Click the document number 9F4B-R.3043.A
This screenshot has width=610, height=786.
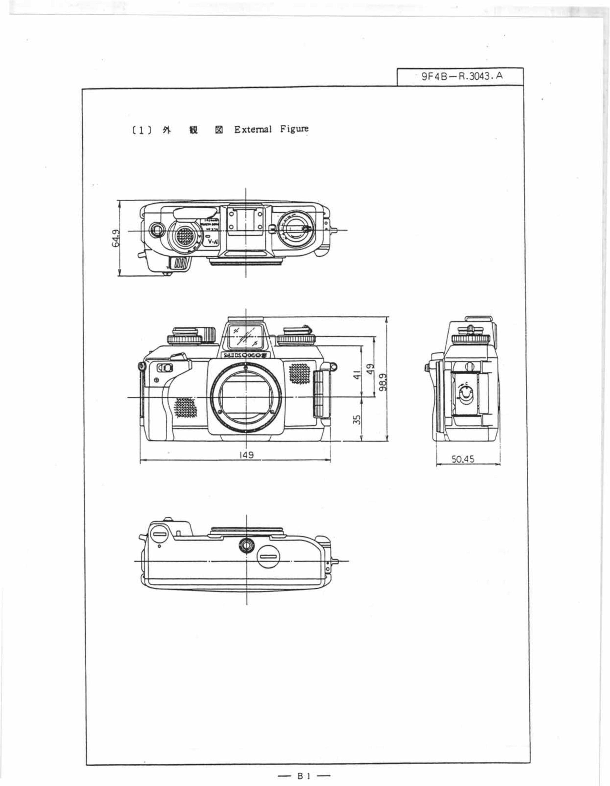click(463, 76)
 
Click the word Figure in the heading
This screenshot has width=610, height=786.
click(294, 129)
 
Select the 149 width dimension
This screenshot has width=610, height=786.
click(246, 455)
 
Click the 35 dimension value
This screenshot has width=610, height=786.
click(356, 420)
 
